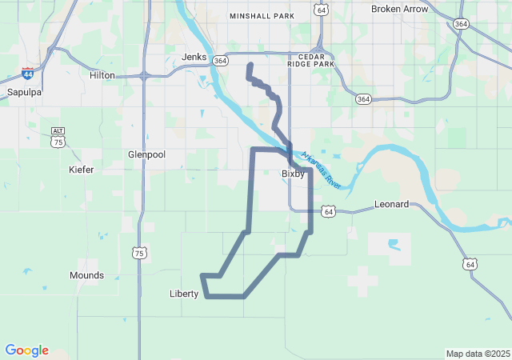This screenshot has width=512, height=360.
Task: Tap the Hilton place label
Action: [x=102, y=75]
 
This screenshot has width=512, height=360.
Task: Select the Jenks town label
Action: [x=194, y=58]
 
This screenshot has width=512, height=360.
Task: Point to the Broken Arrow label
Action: [x=399, y=9]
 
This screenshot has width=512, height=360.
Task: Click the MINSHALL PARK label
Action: [x=262, y=15]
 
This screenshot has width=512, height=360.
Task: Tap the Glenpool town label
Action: [x=146, y=154]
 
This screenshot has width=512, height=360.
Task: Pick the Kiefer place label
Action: [x=81, y=170]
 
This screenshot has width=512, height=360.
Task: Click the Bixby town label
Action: [x=293, y=174]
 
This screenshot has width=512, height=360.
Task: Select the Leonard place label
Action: [x=392, y=205]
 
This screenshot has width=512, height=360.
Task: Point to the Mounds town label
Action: [x=86, y=275]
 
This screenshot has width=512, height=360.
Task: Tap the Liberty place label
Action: [x=184, y=294]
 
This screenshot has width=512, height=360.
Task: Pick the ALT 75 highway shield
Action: [x=58, y=136]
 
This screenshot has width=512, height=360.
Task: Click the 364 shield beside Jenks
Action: [x=221, y=60]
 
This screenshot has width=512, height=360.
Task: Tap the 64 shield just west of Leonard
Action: [x=328, y=211]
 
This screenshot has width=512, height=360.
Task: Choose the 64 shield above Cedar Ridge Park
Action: [x=321, y=10]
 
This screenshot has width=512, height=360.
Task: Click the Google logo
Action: [x=26, y=350]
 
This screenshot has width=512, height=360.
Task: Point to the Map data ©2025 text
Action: [x=478, y=354]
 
